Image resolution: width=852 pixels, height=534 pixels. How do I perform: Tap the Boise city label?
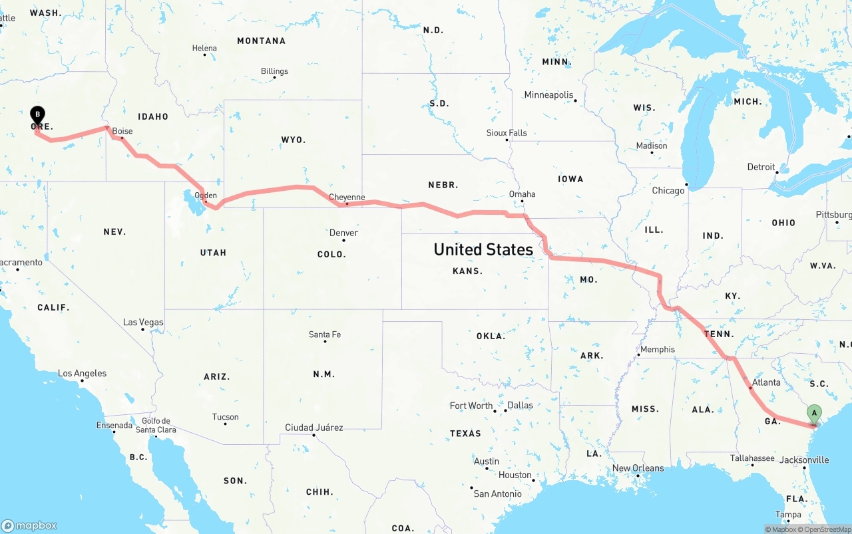click(x=122, y=131)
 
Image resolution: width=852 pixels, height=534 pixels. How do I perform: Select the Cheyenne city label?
click(x=347, y=198)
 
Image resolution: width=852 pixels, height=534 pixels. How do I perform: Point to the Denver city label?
click(x=343, y=233)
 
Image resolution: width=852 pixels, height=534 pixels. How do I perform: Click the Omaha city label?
click(x=522, y=194)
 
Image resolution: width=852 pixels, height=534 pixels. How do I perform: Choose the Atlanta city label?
click(x=766, y=382)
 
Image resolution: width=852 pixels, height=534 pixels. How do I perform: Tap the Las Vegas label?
click(x=143, y=323)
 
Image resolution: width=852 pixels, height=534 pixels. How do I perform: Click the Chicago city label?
click(x=668, y=190)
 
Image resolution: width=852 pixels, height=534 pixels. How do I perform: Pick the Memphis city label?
click(x=657, y=349)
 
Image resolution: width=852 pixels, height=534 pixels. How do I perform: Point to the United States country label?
click(x=483, y=249)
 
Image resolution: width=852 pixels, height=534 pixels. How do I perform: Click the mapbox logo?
click(x=29, y=525)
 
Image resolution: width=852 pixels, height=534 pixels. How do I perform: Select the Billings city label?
click(x=274, y=71)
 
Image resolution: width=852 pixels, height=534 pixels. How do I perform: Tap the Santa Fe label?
click(x=325, y=334)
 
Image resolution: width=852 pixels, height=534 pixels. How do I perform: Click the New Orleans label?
click(x=638, y=468)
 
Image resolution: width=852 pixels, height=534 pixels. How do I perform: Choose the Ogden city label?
click(x=206, y=196)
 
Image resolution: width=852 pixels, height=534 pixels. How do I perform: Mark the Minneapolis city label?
click(x=548, y=95)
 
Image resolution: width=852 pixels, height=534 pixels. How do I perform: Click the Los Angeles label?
click(x=82, y=373)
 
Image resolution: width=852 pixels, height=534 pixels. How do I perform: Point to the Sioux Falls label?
click(x=507, y=133)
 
